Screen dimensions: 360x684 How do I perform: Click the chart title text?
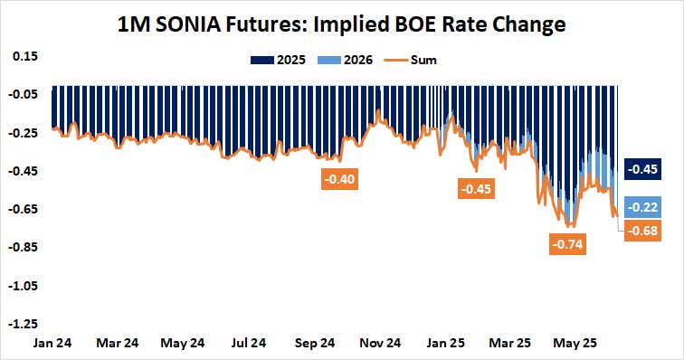[342, 24]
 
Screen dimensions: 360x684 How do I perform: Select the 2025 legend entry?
[279, 60]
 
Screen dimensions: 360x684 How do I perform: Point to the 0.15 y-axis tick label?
[24, 56]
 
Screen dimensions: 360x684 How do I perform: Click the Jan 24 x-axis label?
[52, 344]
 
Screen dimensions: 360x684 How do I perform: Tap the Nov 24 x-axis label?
[380, 344]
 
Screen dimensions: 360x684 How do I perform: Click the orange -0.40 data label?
[342, 179]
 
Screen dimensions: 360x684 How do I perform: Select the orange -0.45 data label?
[476, 189]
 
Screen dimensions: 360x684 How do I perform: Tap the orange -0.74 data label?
[568, 244]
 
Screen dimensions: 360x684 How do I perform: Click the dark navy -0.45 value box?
[643, 169]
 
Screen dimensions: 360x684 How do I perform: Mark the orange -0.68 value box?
[643, 229]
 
